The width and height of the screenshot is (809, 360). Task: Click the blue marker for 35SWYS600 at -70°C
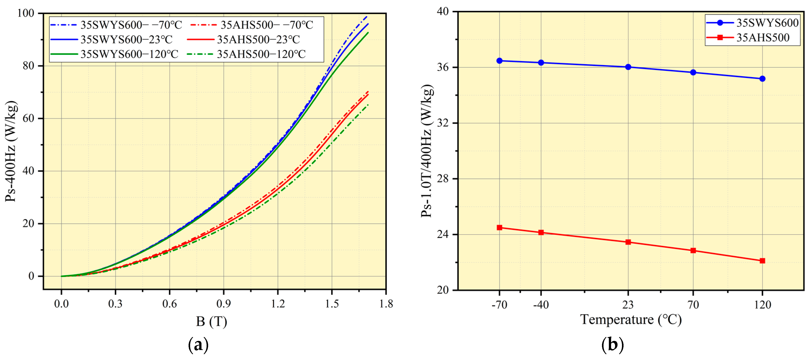click(499, 61)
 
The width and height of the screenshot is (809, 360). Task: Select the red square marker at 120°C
click(762, 261)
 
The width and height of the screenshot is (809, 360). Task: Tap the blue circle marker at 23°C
click(628, 67)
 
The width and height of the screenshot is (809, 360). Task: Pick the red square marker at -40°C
click(541, 233)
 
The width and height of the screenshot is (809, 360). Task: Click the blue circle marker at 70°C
click(693, 72)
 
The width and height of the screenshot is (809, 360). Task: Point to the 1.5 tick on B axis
click(332, 304)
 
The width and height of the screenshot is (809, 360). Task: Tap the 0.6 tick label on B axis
click(169, 304)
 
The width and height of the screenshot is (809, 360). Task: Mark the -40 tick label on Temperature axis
click(541, 304)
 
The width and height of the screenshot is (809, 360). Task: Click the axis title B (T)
click(211, 321)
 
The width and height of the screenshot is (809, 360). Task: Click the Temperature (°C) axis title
click(631, 320)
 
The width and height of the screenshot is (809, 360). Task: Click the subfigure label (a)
click(198, 345)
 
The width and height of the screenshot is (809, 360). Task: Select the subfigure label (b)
click(612, 345)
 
